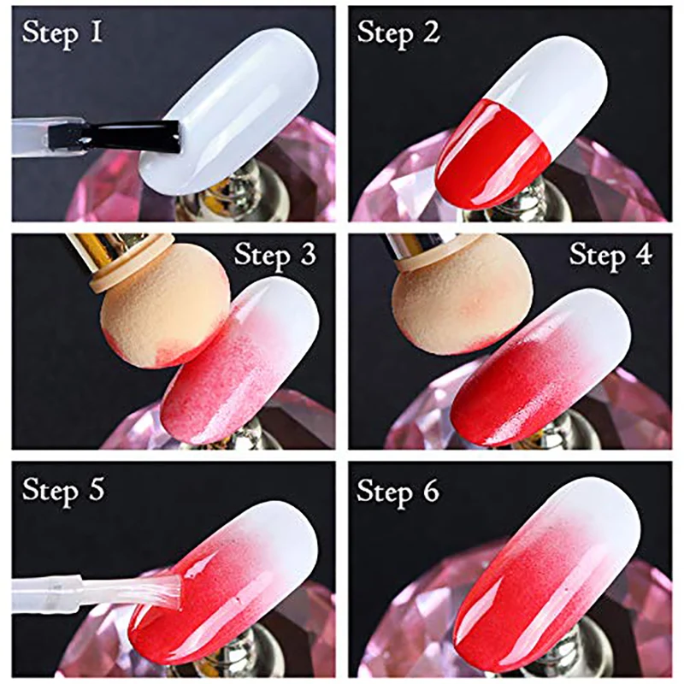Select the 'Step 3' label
[275, 255]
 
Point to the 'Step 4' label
[610, 255]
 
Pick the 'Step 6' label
[398, 491]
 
